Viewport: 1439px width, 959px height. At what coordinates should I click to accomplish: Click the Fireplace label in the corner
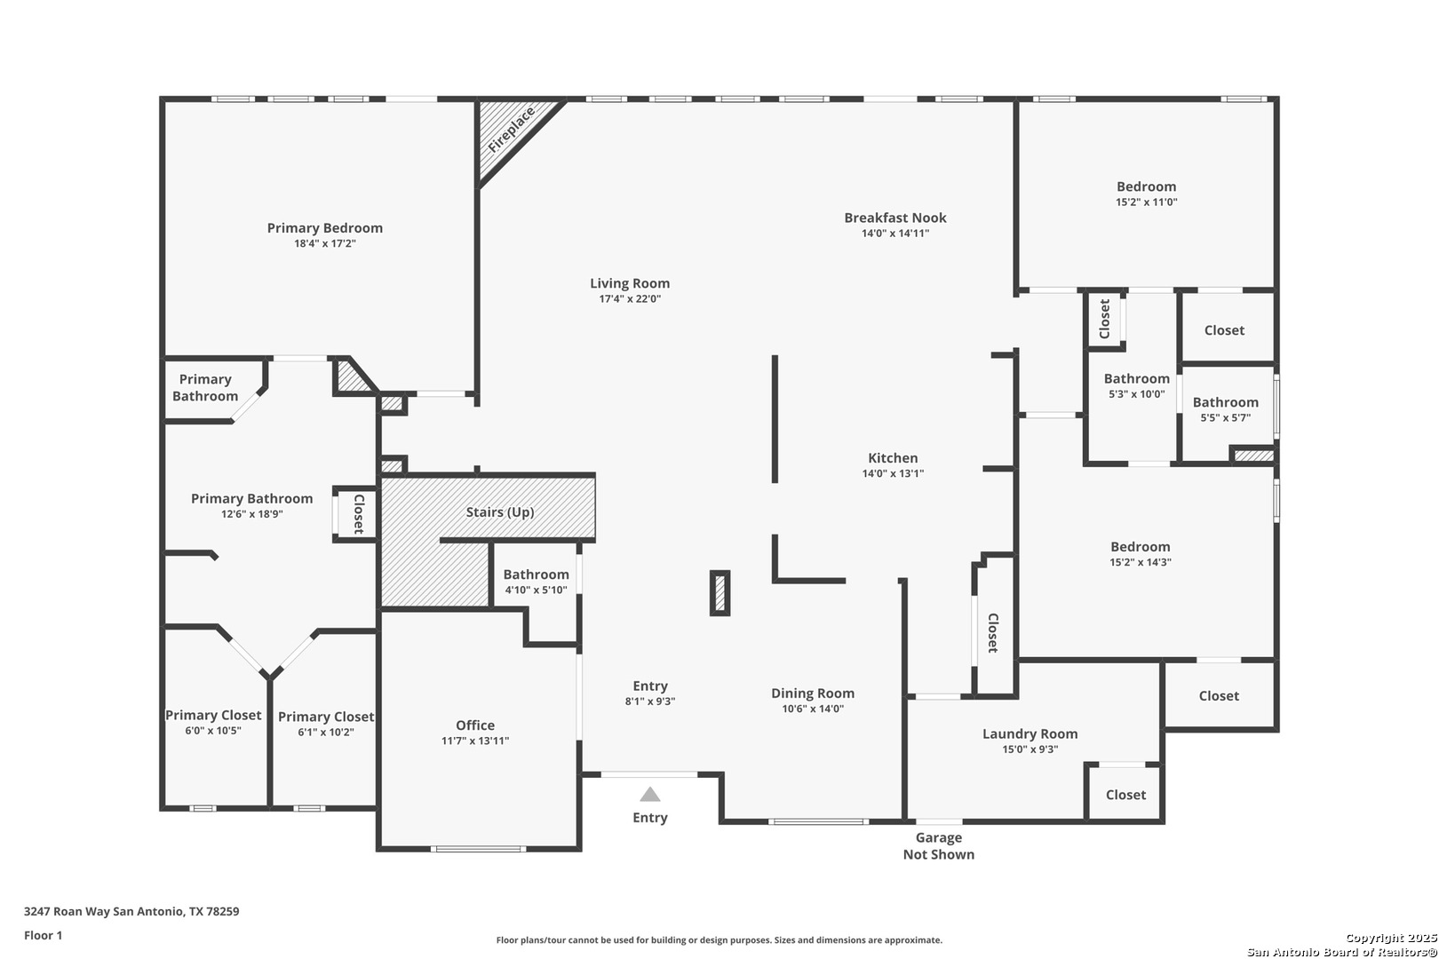coord(512,131)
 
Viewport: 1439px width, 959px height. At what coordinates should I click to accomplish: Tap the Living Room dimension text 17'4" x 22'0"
coord(630,298)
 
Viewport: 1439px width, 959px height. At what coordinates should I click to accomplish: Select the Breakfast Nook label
coord(894,218)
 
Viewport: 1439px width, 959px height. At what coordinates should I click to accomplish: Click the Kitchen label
coord(893,458)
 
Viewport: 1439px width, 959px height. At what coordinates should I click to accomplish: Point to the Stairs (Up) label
coord(500,512)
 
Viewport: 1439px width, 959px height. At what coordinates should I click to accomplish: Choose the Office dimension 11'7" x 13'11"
coord(474,741)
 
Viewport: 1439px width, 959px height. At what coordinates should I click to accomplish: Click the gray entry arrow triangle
coord(650,795)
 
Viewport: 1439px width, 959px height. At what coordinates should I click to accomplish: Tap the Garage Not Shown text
coord(939,846)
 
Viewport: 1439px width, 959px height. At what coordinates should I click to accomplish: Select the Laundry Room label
coord(1030,733)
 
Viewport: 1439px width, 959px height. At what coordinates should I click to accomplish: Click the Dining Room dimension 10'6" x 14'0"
coord(813,709)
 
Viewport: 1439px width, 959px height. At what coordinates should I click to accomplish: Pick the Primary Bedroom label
coord(324,228)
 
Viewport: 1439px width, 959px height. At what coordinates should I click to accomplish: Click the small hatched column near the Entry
coord(719,593)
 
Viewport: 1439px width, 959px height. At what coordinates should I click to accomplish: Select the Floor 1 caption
coord(43,935)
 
